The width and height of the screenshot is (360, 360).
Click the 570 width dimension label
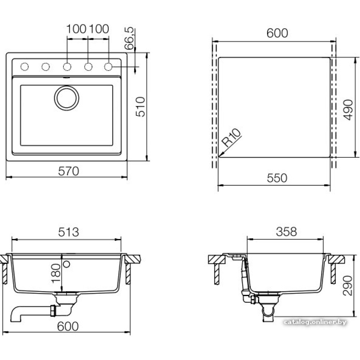68,171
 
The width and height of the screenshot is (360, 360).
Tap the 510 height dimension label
140,107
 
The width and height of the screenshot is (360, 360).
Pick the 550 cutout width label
277,178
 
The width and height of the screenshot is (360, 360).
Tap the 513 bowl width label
68,232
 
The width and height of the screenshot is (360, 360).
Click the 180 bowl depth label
56,273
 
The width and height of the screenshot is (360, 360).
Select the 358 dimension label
286,231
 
